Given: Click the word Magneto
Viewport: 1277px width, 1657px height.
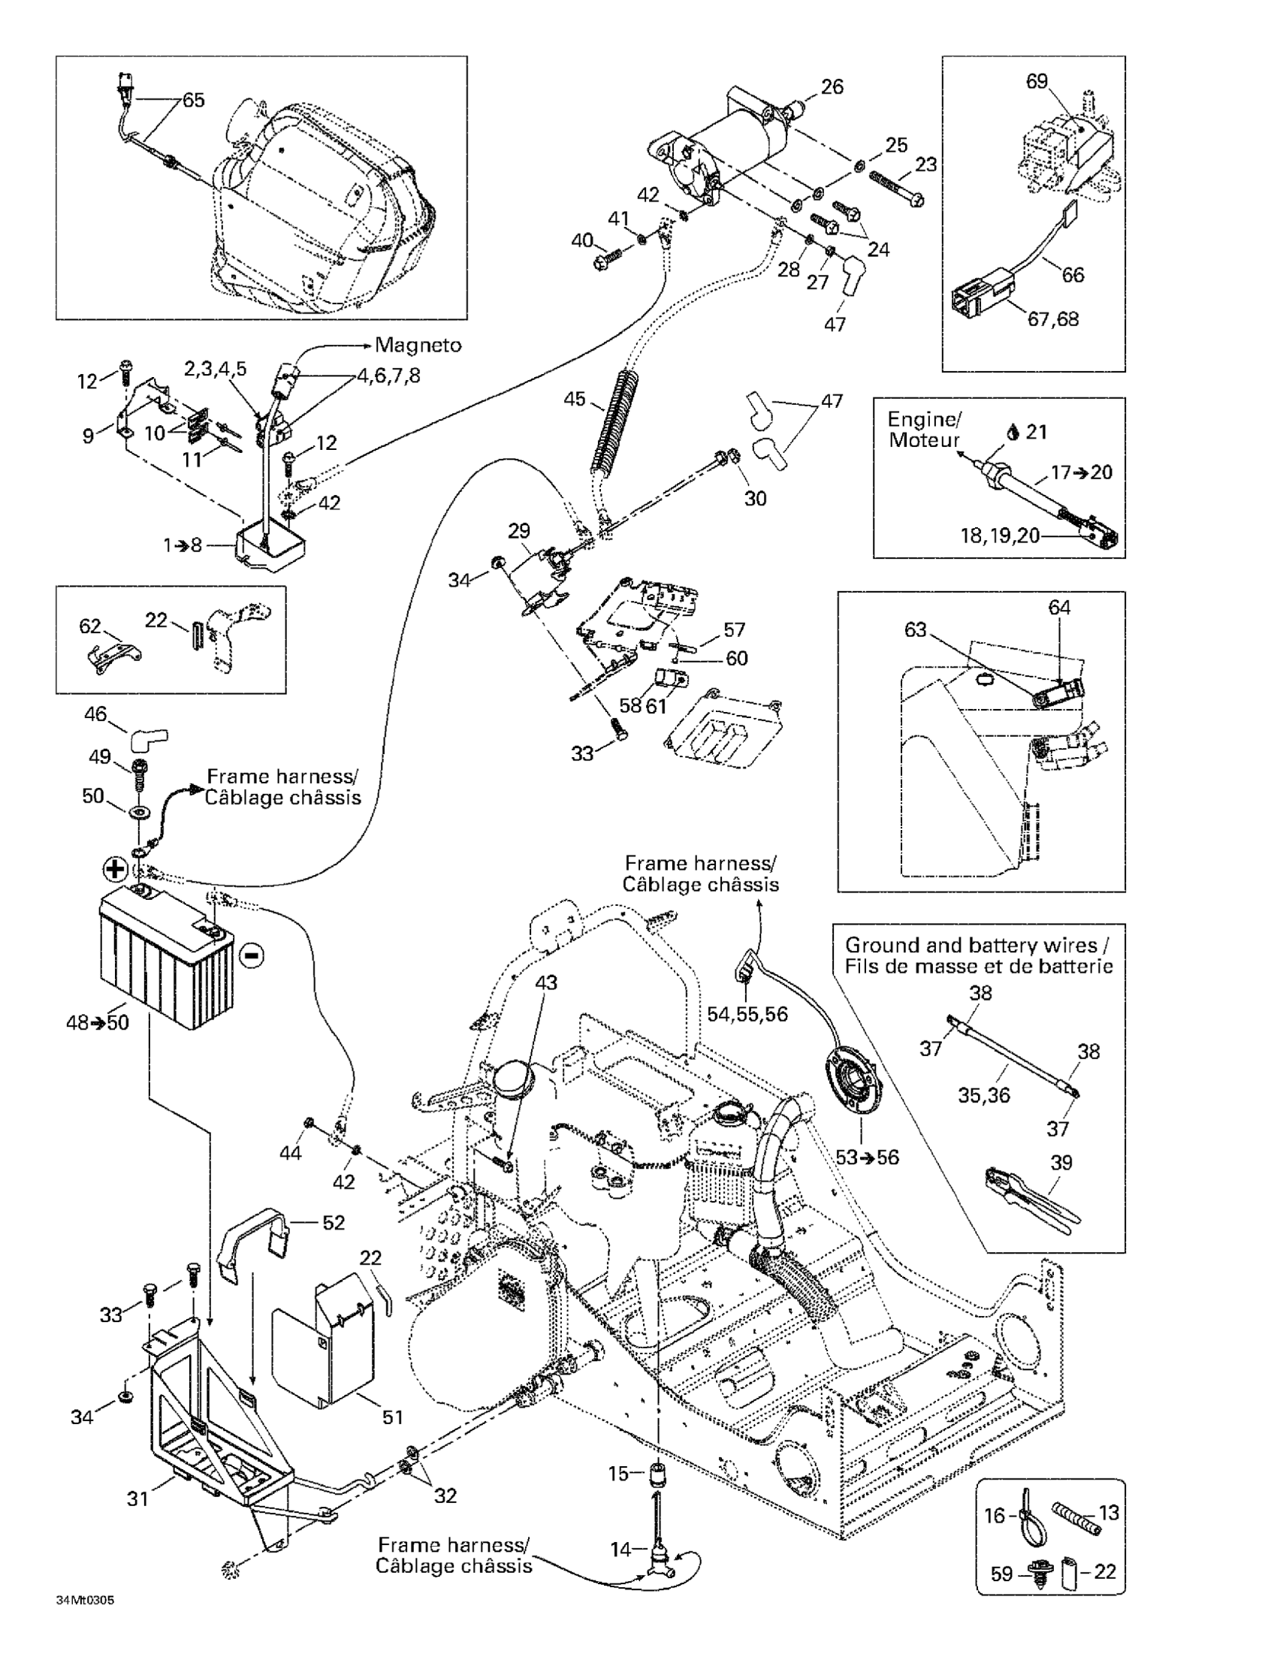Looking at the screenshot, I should [418, 346].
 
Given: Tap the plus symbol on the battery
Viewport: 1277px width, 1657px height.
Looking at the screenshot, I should [115, 869].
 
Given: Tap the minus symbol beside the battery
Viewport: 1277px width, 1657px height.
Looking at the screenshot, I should [252, 955].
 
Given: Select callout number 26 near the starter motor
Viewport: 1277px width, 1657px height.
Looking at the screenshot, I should [832, 86].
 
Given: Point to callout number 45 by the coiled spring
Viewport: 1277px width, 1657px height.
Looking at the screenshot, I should [575, 398].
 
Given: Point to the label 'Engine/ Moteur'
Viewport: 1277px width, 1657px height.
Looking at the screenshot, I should [924, 430].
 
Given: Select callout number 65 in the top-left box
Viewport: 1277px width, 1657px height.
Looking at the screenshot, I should [194, 100].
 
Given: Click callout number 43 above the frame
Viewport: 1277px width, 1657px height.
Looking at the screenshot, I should [545, 982].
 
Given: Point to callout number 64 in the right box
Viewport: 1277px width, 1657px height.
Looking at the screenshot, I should [1059, 607].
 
